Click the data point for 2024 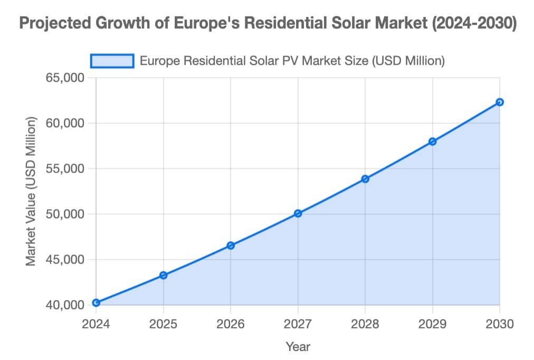[x=96, y=302]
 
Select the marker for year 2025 [x=164, y=275]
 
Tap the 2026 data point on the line [x=231, y=245]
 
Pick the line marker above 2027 [x=298, y=213]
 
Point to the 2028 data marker [x=365, y=179]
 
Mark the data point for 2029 [x=433, y=141]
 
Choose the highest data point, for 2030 [x=500, y=102]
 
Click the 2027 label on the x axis [x=298, y=324]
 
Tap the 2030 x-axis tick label [x=499, y=324]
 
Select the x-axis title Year [x=298, y=346]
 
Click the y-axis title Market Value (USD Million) [x=31, y=191]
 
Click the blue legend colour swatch [x=112, y=61]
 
